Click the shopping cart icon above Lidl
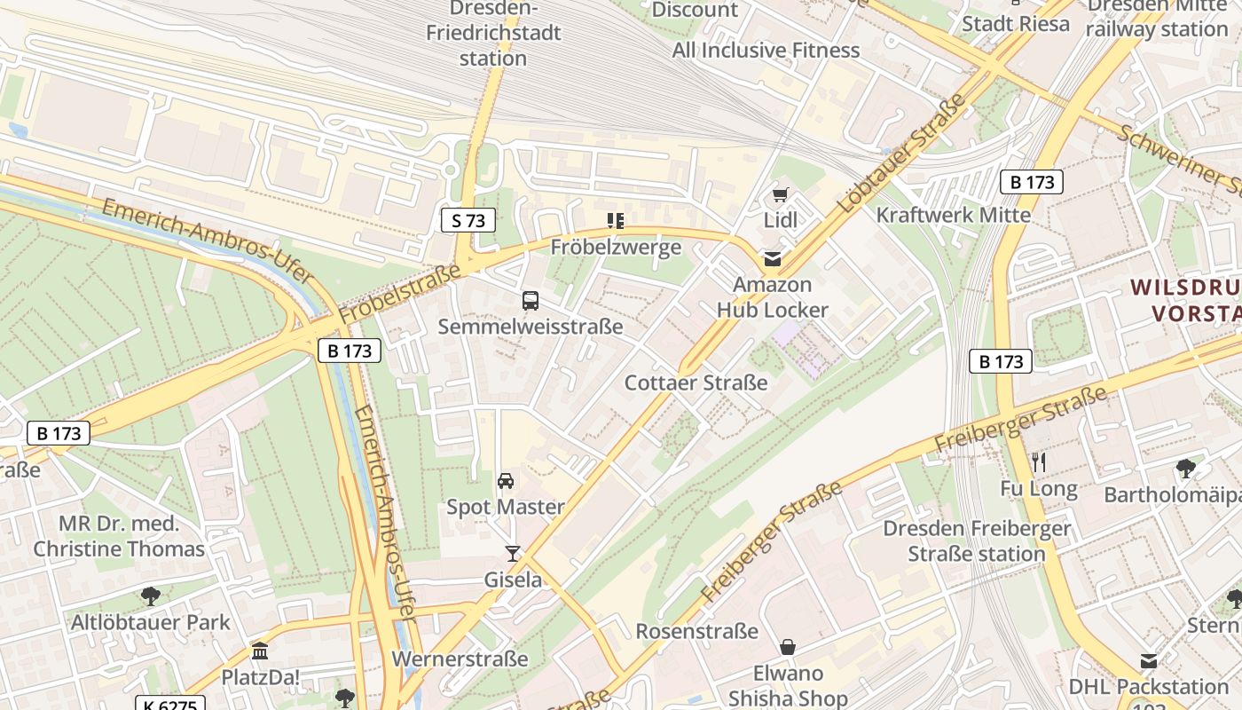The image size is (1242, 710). [780, 195]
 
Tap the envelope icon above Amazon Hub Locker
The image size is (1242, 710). [773, 259]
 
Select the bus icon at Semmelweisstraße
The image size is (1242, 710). [531, 301]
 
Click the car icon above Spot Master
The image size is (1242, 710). [506, 481]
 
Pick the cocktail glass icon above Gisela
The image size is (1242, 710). [513, 554]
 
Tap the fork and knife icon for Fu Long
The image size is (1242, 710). [1039, 462]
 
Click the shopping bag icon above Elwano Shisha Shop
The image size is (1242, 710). [788, 647]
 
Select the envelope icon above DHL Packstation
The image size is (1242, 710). [1149, 661]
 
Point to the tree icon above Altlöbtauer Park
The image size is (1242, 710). [151, 596]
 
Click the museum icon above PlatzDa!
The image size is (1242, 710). [260, 651]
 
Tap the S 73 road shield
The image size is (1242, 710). [468, 220]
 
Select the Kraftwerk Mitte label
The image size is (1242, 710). [954, 215]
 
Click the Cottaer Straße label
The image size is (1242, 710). [696, 383]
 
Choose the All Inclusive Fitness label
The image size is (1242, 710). [766, 50]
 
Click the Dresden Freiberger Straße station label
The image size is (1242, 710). [977, 541]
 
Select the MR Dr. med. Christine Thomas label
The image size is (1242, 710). [119, 536]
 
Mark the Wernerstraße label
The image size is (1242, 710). [460, 659]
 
